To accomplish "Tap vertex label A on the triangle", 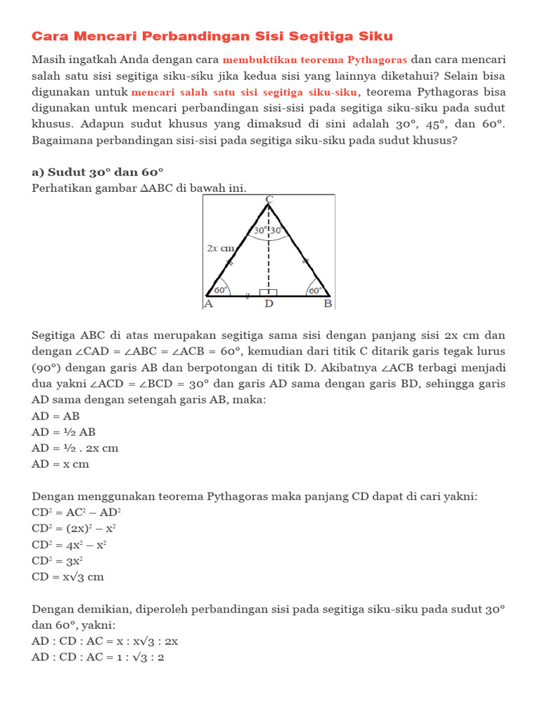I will (208, 305).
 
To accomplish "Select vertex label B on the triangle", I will (327, 305).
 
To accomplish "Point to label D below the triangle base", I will (269, 305).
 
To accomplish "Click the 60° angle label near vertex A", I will (221, 289).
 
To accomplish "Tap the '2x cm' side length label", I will (220, 248).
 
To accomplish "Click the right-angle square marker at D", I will (269, 293).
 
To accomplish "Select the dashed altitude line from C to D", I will (269, 259).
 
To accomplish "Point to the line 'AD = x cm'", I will (61, 464).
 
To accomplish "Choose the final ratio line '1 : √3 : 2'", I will (98, 657).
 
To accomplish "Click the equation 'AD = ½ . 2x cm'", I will (75, 447).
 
